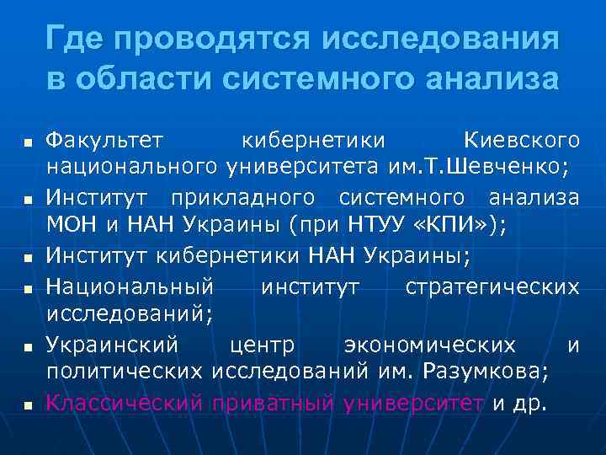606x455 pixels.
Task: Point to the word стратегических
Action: tap(492, 287)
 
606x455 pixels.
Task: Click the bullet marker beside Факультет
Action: tap(28, 139)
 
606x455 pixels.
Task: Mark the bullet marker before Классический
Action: tap(28, 405)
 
